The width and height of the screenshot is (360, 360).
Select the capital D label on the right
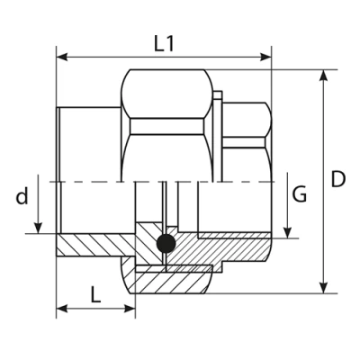pyautogui.click(x=337, y=179)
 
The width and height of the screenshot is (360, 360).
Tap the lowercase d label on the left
pyautogui.click(x=22, y=196)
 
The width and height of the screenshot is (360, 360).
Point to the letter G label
pyautogui.click(x=301, y=193)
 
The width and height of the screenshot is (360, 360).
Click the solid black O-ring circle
pyautogui.click(x=164, y=243)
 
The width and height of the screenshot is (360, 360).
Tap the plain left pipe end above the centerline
pyautogui.click(x=88, y=144)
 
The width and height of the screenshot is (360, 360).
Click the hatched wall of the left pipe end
pyautogui.click(x=90, y=246)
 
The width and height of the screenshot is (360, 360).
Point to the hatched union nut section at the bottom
pyautogui.click(x=171, y=279)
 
